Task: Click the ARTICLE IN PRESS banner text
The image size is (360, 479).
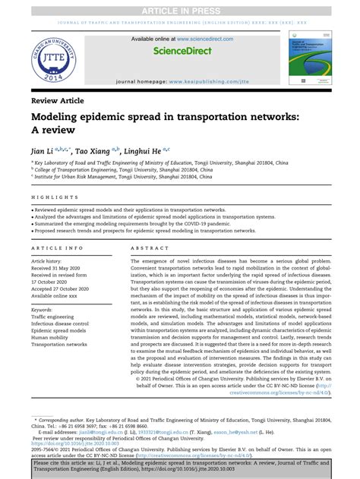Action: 180,8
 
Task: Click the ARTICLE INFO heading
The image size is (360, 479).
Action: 58,248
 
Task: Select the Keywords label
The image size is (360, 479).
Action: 46,310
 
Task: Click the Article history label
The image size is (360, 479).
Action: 51,261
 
